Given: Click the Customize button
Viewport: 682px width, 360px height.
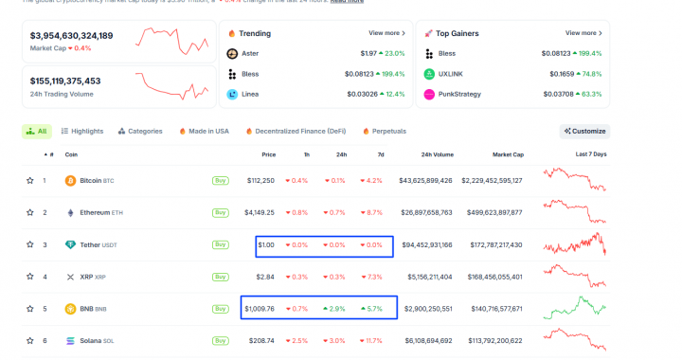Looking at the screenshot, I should pos(584,131).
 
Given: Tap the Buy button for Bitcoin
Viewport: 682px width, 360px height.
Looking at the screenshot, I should pos(221,180).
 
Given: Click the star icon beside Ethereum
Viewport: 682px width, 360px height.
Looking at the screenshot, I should pos(30,212).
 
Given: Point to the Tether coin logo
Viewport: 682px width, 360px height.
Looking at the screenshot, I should pos(70,244).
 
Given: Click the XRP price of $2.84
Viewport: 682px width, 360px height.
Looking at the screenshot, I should pos(265,277).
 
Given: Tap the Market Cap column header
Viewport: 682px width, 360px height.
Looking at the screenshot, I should pos(508,153).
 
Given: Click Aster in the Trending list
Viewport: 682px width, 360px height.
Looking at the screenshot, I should pos(249,53).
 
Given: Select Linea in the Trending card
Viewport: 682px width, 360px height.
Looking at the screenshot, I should pos(249,94).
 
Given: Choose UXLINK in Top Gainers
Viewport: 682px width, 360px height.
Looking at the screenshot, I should pos(450,74).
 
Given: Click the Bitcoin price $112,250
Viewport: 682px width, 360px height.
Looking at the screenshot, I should pos(260,180).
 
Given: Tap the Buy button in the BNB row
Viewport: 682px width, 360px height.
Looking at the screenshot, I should pos(221,309).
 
